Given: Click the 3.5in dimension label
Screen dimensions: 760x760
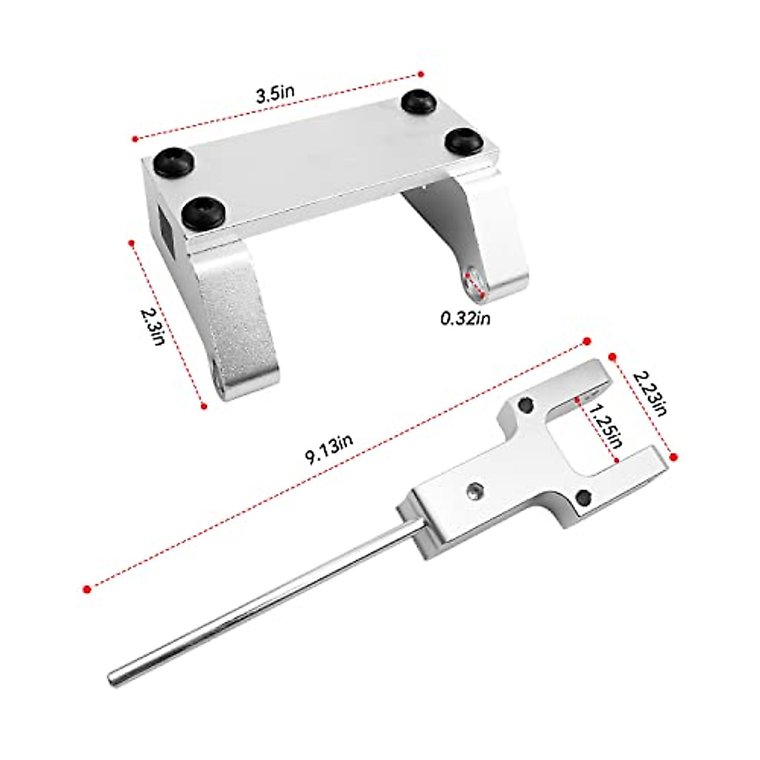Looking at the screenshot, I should click(x=275, y=96).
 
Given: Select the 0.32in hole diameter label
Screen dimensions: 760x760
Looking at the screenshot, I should click(x=465, y=318).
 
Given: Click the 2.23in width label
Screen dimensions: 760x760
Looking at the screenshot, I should click(x=650, y=393).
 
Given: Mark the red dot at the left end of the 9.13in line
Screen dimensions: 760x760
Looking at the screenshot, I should click(x=87, y=588).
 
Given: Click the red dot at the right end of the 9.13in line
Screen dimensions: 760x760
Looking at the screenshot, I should click(x=586, y=341).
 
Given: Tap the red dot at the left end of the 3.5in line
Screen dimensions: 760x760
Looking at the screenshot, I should click(x=134, y=137).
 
